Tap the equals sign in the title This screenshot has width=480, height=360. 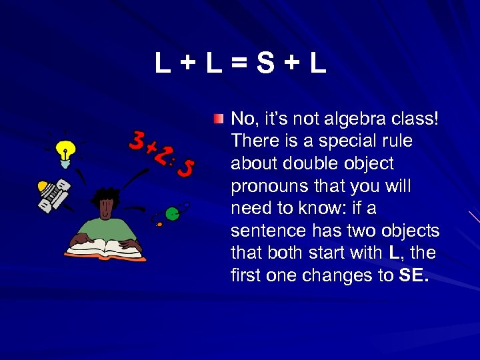point(239,64)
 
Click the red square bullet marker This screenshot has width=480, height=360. point(219,119)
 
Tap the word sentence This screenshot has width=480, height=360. point(263,231)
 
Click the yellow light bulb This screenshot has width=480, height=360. point(64,151)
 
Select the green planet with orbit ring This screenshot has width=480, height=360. point(173,214)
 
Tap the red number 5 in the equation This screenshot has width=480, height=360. point(187,168)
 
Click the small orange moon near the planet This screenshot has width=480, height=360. point(159,225)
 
